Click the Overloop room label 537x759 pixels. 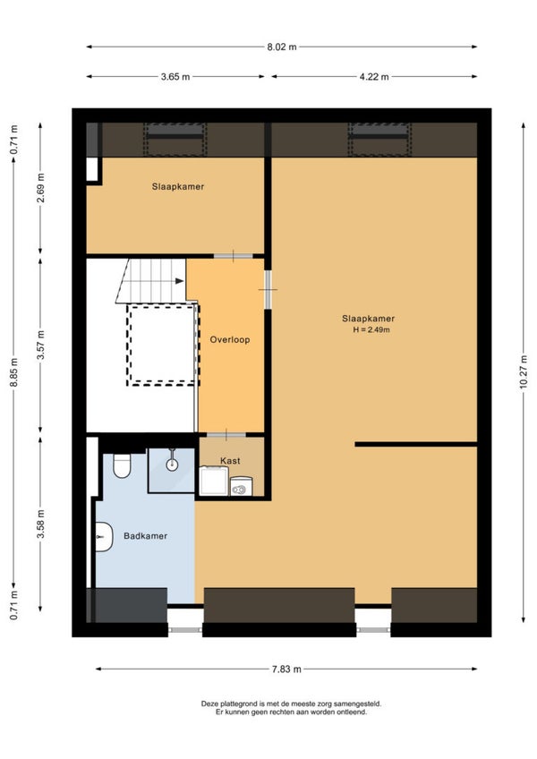[x=229, y=340]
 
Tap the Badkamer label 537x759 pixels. [x=145, y=536]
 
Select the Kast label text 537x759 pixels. [x=230, y=461]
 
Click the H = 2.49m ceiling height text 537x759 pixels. [x=371, y=330]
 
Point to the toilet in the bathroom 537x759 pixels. [x=122, y=465]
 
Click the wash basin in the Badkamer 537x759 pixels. [x=103, y=537]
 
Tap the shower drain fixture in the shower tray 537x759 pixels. [x=172, y=465]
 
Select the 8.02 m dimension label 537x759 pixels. [x=282, y=47]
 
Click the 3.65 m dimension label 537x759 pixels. [x=175, y=76]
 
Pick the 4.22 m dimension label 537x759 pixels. [x=374, y=76]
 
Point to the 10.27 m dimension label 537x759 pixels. [x=524, y=371]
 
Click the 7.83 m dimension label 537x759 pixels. [x=286, y=669]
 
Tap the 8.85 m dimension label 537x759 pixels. [x=14, y=372]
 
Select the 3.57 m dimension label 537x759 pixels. [x=40, y=345]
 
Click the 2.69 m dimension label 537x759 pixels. [x=40, y=187]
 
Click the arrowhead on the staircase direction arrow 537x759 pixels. [x=180, y=281]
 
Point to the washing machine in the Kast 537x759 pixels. [x=214, y=481]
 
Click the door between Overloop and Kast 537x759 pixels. [x=226, y=434]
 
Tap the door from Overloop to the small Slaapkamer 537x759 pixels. [x=234, y=256]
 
